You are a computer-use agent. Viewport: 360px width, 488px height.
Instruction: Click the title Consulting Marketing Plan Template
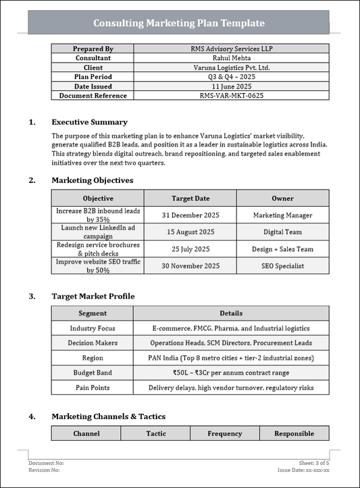(178, 23)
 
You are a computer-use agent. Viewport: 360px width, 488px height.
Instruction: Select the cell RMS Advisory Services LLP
(231, 49)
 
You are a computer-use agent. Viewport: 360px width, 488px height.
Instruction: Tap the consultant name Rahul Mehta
(231, 58)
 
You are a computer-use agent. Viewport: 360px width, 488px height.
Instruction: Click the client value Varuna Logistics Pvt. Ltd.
(231, 67)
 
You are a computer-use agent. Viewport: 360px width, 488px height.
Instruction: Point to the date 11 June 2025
(231, 86)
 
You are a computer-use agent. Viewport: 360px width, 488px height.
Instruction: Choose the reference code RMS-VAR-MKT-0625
(231, 96)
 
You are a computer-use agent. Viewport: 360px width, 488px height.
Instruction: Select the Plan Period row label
(93, 77)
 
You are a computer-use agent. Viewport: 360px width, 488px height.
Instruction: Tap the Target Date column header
(190, 198)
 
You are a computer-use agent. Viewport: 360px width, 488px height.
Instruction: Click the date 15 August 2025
(190, 232)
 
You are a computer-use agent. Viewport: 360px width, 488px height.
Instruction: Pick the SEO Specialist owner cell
(282, 266)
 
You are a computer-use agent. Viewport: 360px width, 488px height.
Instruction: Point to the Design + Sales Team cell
(282, 249)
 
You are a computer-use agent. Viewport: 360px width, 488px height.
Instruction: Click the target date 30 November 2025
(190, 266)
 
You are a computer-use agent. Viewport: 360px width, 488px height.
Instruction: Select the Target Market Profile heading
(93, 296)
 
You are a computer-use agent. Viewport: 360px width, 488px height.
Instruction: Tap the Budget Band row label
(93, 373)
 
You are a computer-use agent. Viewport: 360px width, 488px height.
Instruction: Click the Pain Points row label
(93, 387)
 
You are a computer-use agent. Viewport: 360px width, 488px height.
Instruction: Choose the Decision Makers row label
(93, 343)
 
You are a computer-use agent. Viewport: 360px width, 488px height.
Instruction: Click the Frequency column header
(224, 433)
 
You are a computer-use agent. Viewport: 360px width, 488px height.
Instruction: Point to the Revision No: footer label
(47, 470)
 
